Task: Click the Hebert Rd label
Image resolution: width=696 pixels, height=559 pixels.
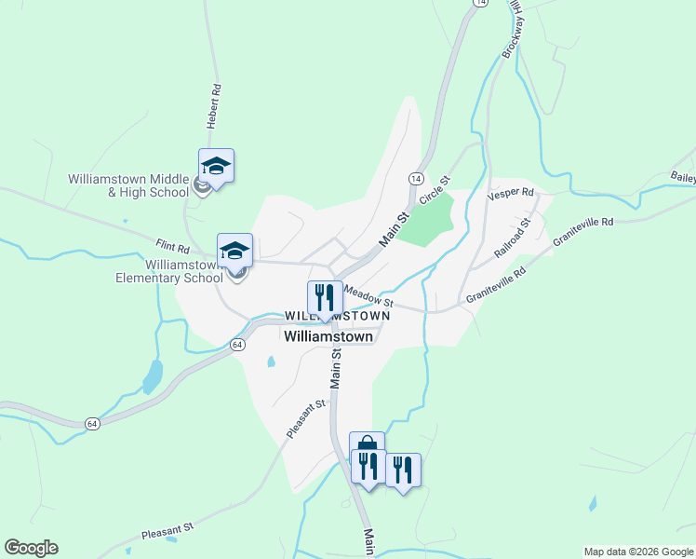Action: tap(215, 106)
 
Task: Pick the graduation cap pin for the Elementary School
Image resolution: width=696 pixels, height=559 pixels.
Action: tap(235, 251)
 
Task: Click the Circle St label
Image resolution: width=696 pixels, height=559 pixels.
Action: tap(435, 191)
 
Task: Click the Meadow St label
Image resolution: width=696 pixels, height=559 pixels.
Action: tap(369, 297)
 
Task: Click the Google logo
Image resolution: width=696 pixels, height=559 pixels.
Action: tap(31, 548)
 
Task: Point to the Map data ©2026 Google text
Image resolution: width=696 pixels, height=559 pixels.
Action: tap(638, 552)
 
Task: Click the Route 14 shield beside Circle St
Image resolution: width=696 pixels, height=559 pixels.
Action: tap(415, 178)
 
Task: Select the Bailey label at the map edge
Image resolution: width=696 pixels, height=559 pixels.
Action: tap(682, 176)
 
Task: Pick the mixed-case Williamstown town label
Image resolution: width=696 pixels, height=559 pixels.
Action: tap(328, 336)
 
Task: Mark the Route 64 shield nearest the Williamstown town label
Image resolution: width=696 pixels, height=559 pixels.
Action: tap(238, 345)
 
